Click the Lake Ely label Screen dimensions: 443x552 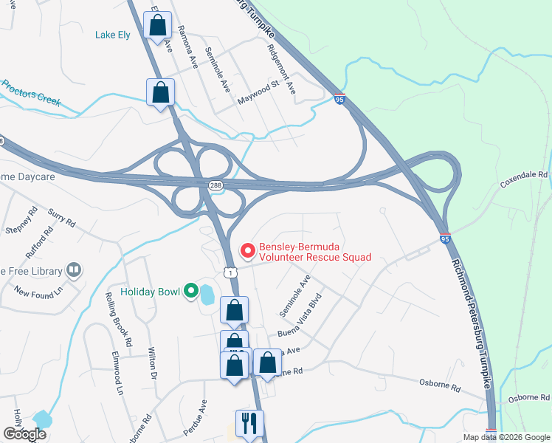click(x=112, y=34)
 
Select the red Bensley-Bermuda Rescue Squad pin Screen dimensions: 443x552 click(x=247, y=251)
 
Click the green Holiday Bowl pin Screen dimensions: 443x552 click(x=192, y=292)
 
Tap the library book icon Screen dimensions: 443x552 click(x=73, y=271)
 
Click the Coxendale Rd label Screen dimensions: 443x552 click(x=525, y=179)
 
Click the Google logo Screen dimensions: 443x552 click(x=24, y=434)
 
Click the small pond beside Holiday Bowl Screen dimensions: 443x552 click(x=207, y=295)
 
